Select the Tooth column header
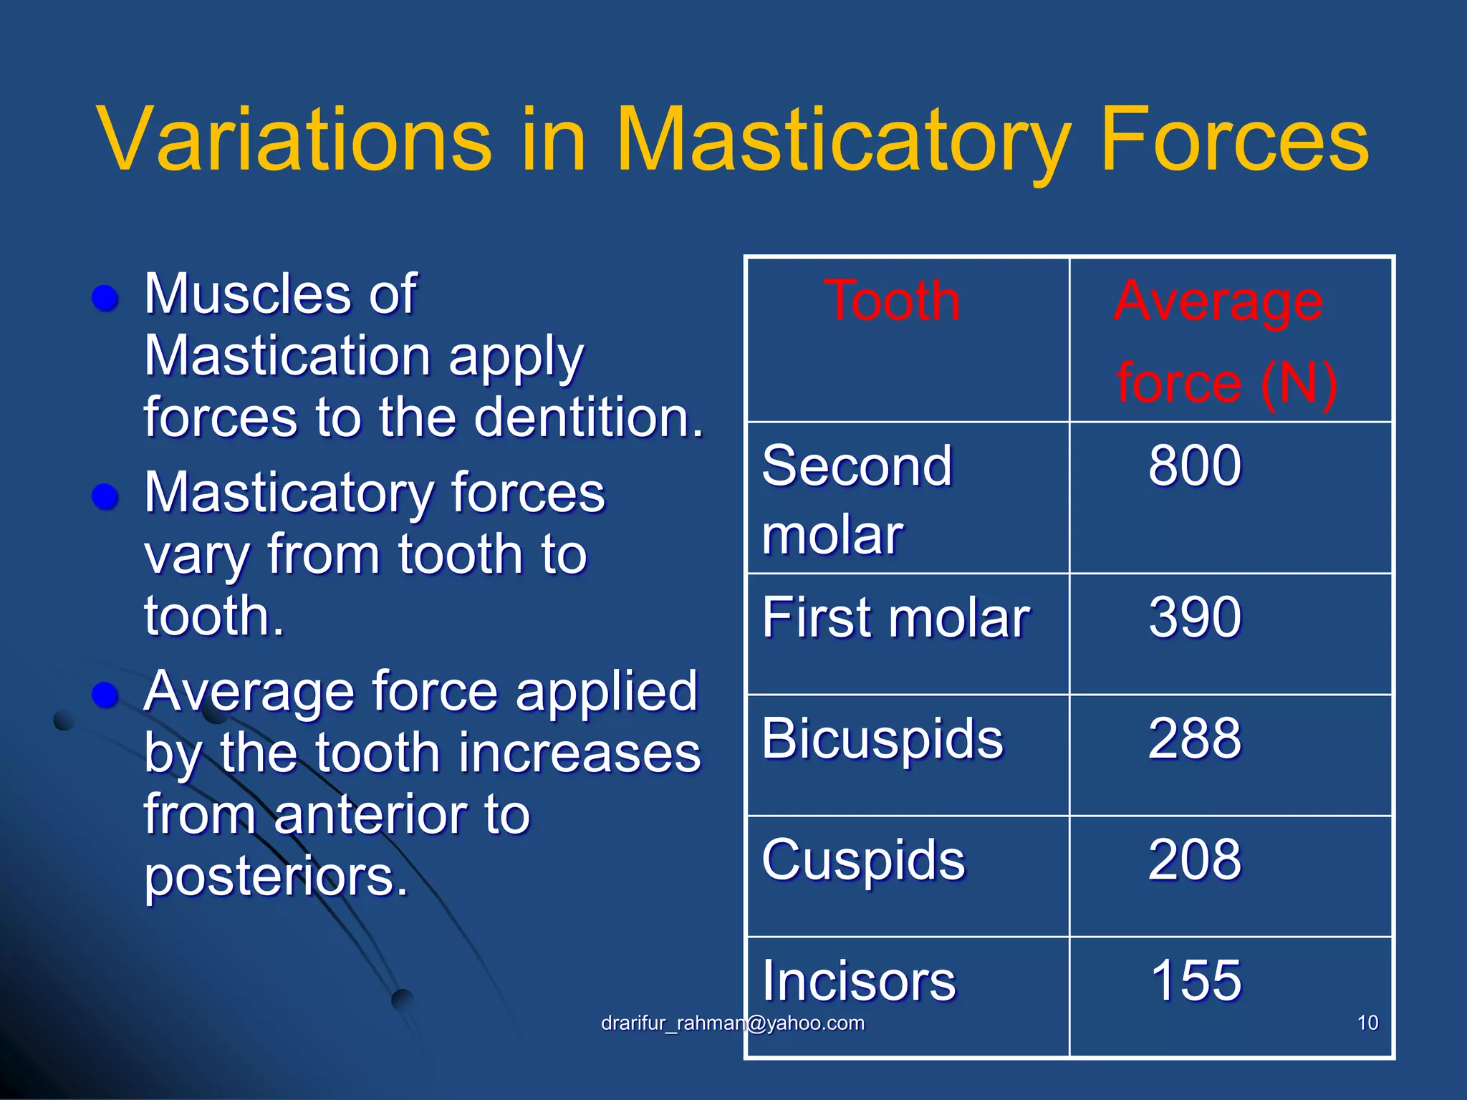point(892,301)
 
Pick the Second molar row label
point(857,498)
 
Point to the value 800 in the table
point(1194,465)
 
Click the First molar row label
point(895,617)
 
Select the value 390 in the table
point(1194,617)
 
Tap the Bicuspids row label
point(882,739)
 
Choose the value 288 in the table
point(1194,738)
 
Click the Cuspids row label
point(863,859)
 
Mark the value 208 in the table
point(1194,859)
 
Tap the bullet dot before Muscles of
point(105,298)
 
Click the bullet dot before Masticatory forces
point(105,496)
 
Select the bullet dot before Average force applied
point(105,695)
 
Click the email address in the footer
point(732,1023)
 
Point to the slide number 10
point(1367,1023)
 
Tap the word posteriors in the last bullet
point(275,877)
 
